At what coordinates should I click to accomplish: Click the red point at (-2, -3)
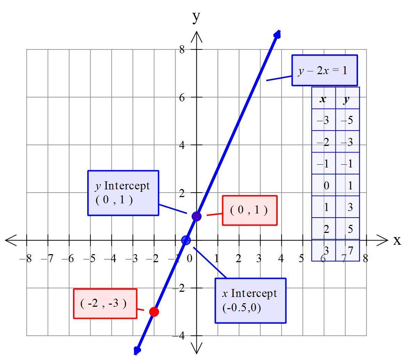[x=154, y=312]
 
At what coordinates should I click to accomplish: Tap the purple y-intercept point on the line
[x=196, y=216]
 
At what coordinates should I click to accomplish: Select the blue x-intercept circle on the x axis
[x=186, y=240]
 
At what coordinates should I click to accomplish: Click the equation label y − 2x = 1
[x=324, y=70]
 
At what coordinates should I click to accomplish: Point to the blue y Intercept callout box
[x=123, y=193]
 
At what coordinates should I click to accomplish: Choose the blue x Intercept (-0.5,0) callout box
[x=250, y=300]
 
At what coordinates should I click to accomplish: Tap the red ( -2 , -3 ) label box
[x=105, y=304]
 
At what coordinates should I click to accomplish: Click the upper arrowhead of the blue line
[x=277, y=34]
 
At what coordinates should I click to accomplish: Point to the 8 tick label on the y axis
[x=182, y=49]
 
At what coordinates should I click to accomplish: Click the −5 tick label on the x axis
[x=90, y=259]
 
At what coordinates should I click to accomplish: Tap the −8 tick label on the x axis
[x=26, y=259]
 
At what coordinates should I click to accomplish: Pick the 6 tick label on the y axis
[x=182, y=97]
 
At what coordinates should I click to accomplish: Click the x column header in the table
[x=323, y=99]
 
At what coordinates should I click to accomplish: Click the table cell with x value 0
[x=326, y=186]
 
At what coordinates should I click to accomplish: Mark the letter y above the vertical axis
[x=197, y=16]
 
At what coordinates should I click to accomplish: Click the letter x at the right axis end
[x=397, y=240]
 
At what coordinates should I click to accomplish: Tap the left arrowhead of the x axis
[x=10, y=240]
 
